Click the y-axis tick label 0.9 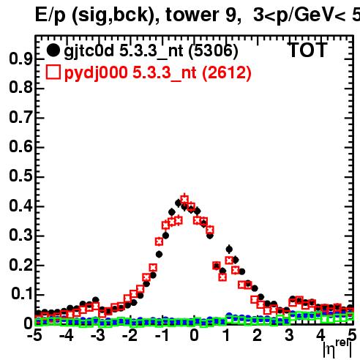[x=20, y=59]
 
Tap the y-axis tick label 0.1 [x=22, y=293]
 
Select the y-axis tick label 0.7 [x=20, y=117]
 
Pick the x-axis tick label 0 [x=194, y=335]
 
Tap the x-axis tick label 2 [x=257, y=335]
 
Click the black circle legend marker [x=53, y=50]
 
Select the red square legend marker [x=53, y=72]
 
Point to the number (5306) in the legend [x=214, y=51]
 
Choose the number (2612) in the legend [x=227, y=73]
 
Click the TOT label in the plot [x=308, y=50]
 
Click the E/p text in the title [x=50, y=15]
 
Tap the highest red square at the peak [x=184, y=199]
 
